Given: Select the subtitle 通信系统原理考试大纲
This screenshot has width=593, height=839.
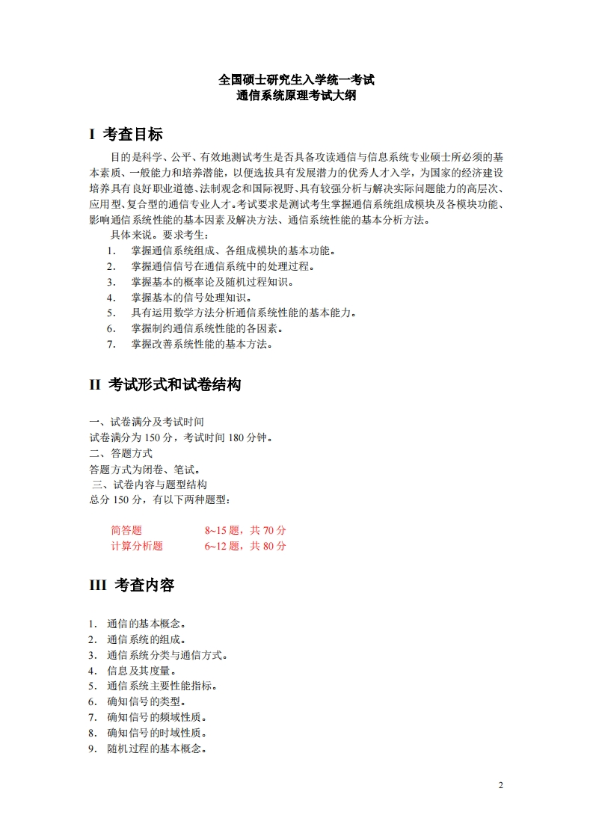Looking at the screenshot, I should (296, 95).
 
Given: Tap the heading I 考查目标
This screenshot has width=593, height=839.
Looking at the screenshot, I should (126, 135).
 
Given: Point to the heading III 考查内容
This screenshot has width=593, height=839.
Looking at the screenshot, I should (132, 586).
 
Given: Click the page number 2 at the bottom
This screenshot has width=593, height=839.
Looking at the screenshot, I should (501, 786).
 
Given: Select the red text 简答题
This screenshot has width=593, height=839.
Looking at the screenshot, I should (126, 531).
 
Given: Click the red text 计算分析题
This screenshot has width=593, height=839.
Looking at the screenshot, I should (137, 546).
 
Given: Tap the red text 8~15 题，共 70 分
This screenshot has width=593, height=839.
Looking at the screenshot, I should (245, 531).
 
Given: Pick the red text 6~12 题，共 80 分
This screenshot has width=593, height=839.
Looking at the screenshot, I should (245, 546).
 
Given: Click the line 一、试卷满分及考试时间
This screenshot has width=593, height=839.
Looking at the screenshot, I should (147, 422).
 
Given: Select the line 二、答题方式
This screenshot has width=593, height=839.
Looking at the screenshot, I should (121, 453).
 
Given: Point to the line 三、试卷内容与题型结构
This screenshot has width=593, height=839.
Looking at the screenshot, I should (150, 485).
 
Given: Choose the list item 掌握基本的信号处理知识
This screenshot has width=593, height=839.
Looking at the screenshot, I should (191, 298).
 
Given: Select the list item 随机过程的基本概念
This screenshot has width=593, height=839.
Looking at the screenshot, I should (156, 749).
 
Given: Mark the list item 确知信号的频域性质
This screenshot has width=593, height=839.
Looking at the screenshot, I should (156, 717).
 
